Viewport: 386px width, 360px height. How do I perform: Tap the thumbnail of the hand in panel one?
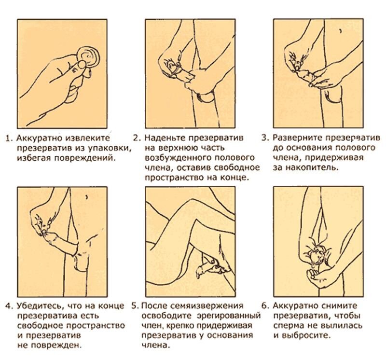(x=82, y=65)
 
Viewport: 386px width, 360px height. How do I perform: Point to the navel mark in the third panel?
(x=341, y=31)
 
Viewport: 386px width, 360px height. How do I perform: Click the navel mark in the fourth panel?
(x=86, y=197)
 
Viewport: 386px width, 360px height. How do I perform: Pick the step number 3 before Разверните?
(x=264, y=138)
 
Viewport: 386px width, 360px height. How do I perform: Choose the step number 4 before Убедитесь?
(x=8, y=306)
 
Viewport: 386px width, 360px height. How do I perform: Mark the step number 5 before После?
(x=135, y=306)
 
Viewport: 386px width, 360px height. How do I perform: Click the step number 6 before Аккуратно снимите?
(x=264, y=306)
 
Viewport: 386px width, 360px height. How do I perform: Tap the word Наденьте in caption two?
(x=165, y=138)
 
